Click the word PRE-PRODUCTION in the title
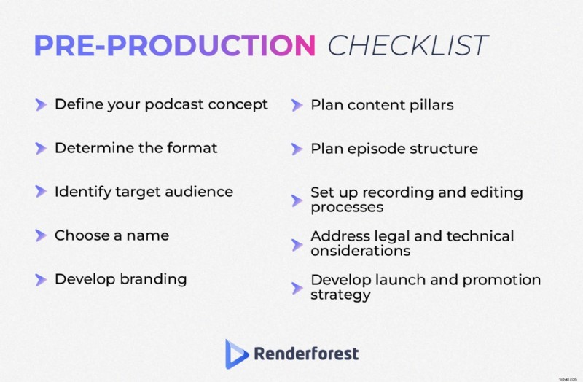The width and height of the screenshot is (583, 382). [x=175, y=45]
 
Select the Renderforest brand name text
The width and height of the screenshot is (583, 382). [x=306, y=354]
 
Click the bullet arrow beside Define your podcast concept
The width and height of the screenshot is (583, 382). [x=41, y=105]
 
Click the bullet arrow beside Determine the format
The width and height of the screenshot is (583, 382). [x=41, y=149]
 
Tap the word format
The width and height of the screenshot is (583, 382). [x=193, y=148]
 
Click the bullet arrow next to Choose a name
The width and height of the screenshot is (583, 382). [x=41, y=235]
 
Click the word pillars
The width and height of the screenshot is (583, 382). [x=431, y=104]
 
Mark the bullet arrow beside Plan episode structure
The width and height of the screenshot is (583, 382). [x=297, y=149]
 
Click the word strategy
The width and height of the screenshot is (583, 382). [x=340, y=295]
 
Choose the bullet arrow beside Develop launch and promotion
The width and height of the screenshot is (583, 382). [x=297, y=287]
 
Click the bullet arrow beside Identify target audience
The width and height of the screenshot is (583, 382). [x=41, y=192]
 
